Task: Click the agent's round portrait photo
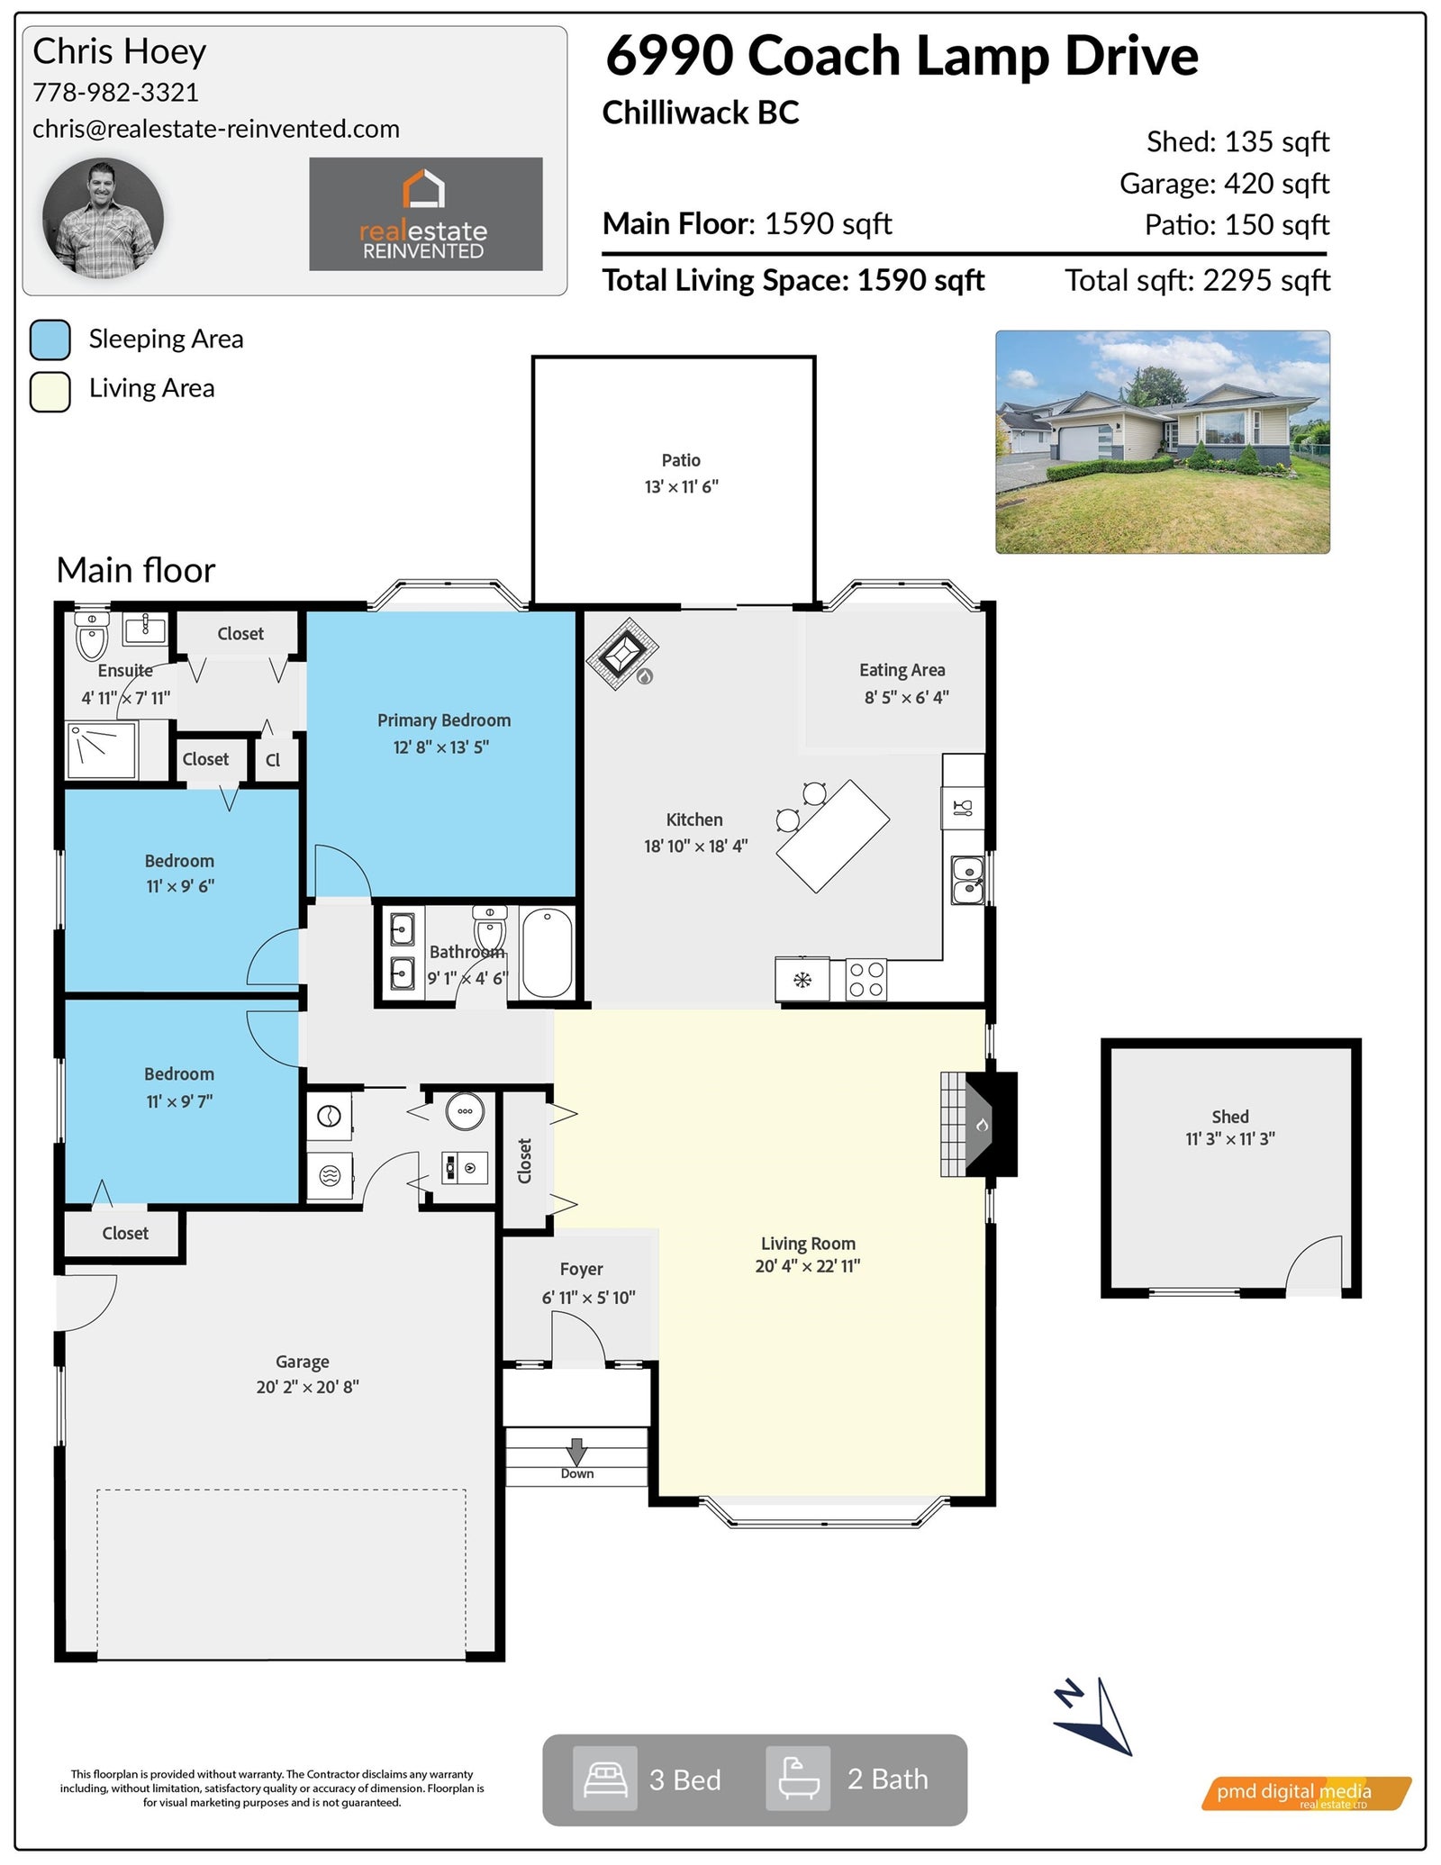coord(103,218)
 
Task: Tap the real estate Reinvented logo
coord(425,214)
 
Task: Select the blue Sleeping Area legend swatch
coord(50,340)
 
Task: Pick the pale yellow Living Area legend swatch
coord(50,392)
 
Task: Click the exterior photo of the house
coord(1162,442)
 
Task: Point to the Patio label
coord(681,460)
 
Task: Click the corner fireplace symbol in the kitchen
coord(622,653)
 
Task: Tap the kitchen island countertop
coord(833,837)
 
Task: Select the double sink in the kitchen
coord(967,880)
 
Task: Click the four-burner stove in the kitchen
coord(866,980)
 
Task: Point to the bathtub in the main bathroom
coord(548,953)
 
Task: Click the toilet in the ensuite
coord(92,636)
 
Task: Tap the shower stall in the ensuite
coord(102,751)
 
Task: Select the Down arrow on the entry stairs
coord(576,1451)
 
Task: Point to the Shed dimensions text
coord(1230,1139)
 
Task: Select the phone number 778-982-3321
coord(115,92)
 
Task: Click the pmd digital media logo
coord(1306,1793)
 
